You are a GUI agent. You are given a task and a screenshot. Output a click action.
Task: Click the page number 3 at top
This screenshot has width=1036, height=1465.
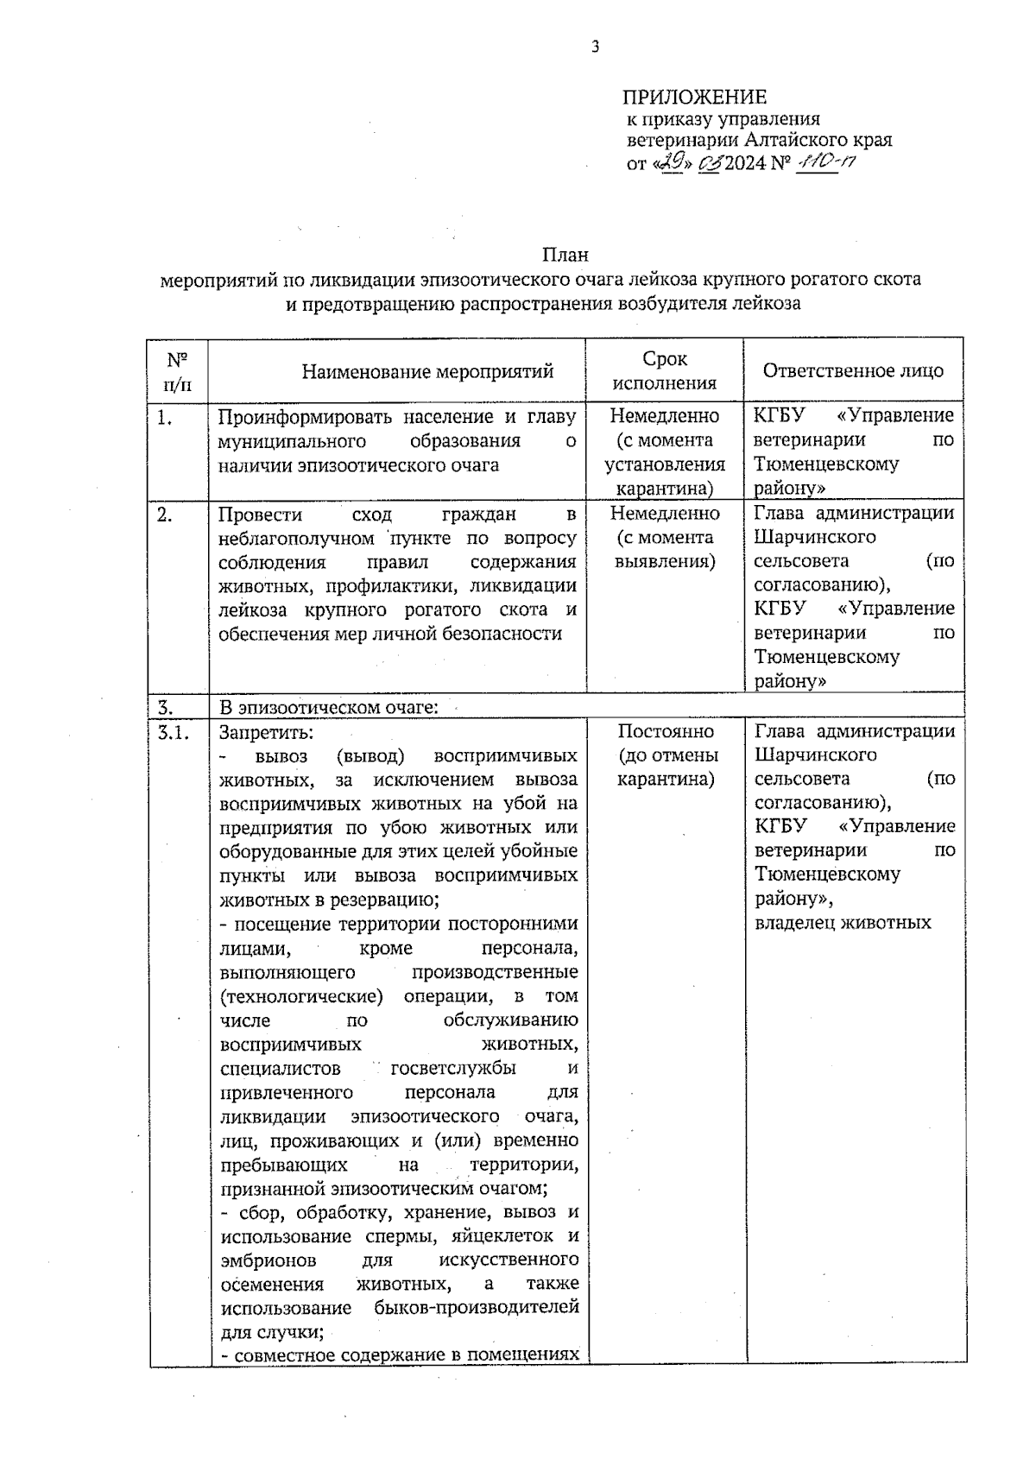(594, 48)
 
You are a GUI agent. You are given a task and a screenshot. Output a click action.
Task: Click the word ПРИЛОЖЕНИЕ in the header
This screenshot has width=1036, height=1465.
(695, 97)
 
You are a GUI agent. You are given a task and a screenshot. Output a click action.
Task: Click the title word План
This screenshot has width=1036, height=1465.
(565, 256)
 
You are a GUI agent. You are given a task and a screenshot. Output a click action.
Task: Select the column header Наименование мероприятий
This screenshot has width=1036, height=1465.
(427, 372)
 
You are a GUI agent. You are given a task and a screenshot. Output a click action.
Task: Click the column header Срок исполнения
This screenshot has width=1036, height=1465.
(665, 371)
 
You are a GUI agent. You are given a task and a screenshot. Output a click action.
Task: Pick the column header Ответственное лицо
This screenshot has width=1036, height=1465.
(853, 371)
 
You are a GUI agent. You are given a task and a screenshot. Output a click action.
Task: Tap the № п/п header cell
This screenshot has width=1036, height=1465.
(178, 370)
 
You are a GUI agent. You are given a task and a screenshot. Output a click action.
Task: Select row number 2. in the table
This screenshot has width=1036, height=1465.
(165, 515)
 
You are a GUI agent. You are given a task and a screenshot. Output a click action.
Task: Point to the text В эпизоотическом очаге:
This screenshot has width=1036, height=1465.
(328, 708)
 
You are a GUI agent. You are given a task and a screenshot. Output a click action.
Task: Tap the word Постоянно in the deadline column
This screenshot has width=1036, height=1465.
(665, 731)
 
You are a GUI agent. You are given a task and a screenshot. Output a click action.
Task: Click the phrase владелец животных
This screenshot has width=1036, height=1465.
(843, 923)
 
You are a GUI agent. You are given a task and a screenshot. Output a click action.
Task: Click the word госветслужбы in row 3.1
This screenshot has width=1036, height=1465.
(453, 1069)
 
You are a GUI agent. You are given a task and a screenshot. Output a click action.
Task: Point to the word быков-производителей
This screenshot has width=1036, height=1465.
(476, 1307)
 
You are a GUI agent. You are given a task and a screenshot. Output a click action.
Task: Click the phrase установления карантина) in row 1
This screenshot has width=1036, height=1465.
(665, 477)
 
